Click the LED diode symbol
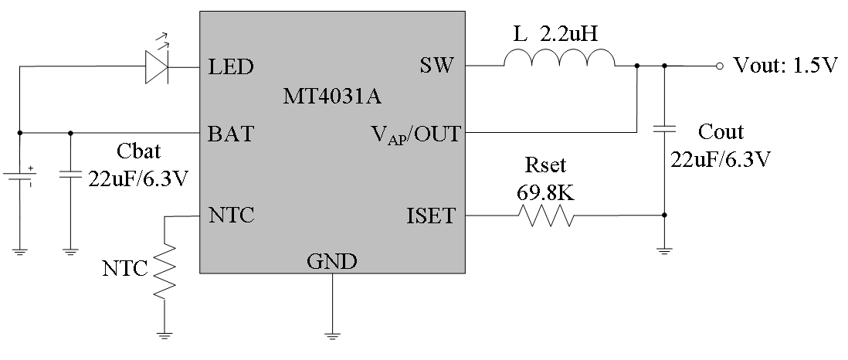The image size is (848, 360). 158,67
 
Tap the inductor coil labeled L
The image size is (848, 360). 559,61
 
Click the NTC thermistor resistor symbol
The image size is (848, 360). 165,271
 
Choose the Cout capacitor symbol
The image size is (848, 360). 663,129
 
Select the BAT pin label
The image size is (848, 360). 231,134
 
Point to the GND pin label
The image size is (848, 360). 332,262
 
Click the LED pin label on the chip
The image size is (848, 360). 231,67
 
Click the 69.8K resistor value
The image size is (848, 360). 545,192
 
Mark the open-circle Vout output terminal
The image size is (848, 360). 719,66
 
